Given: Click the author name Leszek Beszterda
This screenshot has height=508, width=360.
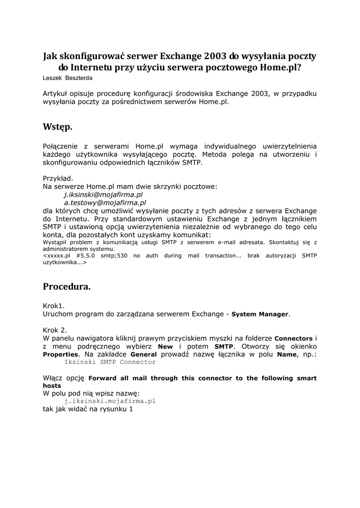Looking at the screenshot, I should (x=68, y=78).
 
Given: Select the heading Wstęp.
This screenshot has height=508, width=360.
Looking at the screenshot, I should (x=58, y=127).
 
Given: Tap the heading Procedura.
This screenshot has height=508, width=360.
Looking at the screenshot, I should (x=67, y=286).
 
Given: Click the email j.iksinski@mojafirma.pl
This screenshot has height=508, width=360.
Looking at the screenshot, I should (x=103, y=194).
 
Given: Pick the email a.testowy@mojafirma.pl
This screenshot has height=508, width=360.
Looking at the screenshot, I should (x=105, y=202).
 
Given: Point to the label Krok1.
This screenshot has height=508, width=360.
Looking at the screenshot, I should (x=54, y=306).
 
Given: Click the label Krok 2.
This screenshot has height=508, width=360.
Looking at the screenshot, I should (x=55, y=330).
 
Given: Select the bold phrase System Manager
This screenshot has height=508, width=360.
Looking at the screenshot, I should (x=260, y=314).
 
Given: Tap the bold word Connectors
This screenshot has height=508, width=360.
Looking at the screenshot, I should (x=293, y=338).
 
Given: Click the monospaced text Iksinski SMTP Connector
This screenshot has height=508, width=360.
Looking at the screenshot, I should (x=110, y=362).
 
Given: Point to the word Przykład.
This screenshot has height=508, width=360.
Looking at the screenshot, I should (x=58, y=178).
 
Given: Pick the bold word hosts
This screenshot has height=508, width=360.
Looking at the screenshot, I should (x=52, y=385).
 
